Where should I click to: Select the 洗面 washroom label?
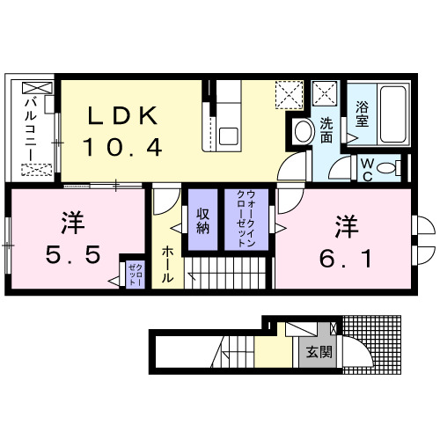point(326,131)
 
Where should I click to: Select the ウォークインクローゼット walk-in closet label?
point(240,221)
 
